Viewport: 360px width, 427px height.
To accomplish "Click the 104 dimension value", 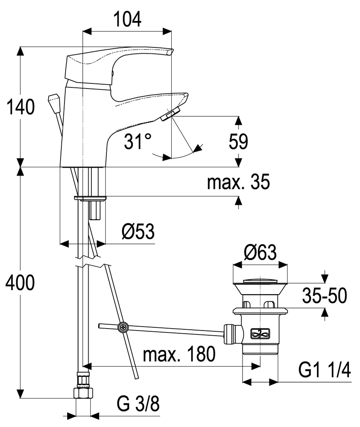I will point(127,19).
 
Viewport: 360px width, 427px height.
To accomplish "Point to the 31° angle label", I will point(137,141).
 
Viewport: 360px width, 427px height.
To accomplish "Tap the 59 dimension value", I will point(238,142).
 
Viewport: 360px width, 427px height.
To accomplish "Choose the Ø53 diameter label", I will point(138,232).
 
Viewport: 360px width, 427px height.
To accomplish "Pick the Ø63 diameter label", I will point(260,253).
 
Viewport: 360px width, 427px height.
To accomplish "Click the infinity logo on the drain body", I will point(260,334).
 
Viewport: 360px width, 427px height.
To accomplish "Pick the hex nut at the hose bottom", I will point(84,393).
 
